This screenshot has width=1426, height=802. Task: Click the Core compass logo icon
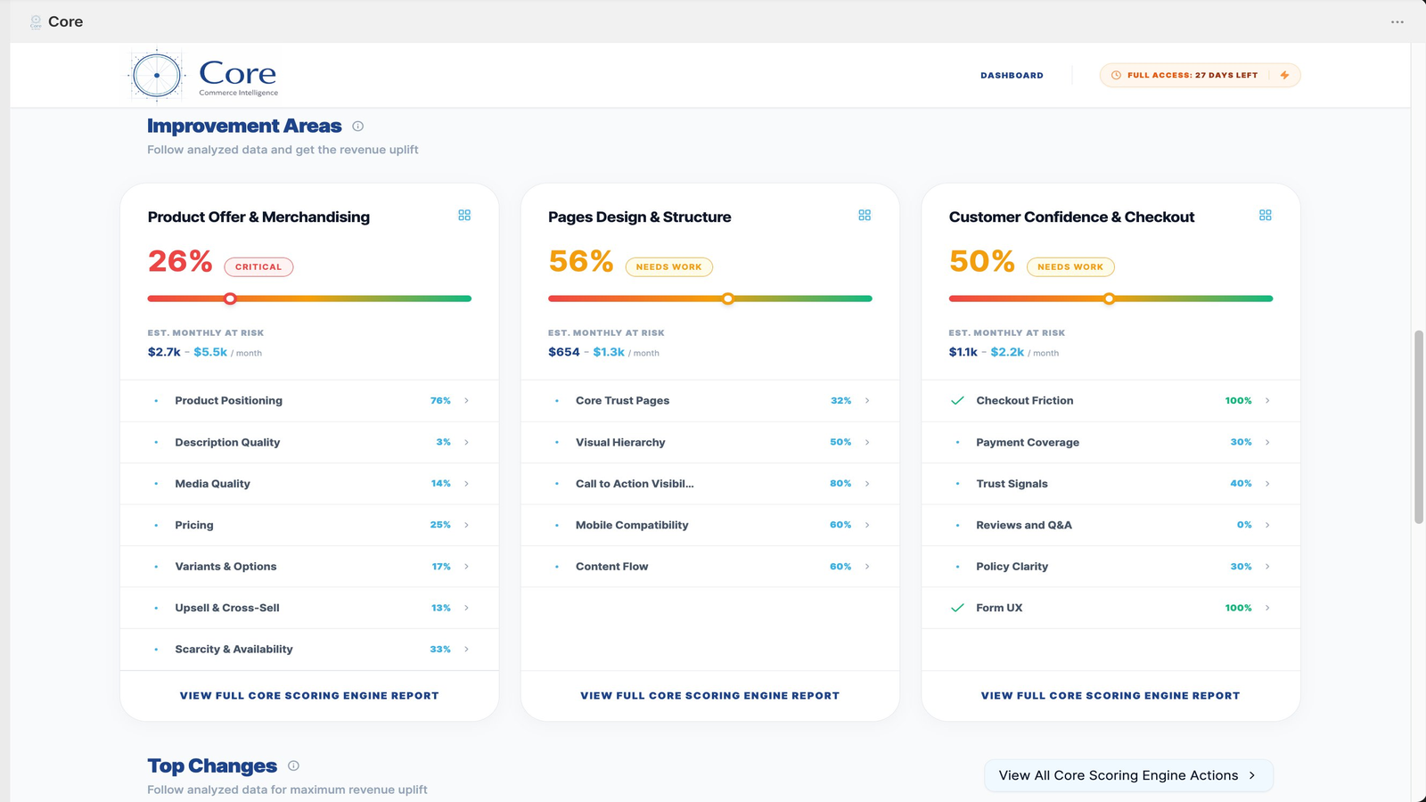[157, 76]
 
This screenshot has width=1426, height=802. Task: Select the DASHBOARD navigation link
[1012, 75]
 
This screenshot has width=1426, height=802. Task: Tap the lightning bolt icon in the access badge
[1284, 75]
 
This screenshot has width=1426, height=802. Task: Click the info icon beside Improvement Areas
[357, 126]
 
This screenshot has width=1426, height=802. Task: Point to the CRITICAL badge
[258, 266]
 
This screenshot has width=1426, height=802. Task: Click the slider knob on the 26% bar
[231, 299]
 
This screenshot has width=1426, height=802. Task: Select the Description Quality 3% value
[443, 442]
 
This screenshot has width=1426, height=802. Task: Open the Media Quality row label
[213, 484]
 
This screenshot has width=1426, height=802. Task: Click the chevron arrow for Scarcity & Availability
[467, 650]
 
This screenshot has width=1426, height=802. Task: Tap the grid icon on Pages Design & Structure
[865, 215]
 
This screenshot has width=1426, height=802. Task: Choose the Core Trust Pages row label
[623, 400]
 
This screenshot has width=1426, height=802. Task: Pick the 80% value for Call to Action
[840, 483]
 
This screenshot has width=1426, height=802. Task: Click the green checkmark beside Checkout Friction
[957, 400]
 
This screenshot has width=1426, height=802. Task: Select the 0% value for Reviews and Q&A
[1244, 525]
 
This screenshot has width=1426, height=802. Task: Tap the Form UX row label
[999, 608]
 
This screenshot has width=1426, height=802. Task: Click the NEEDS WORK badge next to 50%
[1070, 266]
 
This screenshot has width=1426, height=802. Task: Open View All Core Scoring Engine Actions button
[1128, 775]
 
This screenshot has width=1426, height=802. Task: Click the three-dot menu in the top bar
[1397, 21]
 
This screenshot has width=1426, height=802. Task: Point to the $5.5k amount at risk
[210, 352]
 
